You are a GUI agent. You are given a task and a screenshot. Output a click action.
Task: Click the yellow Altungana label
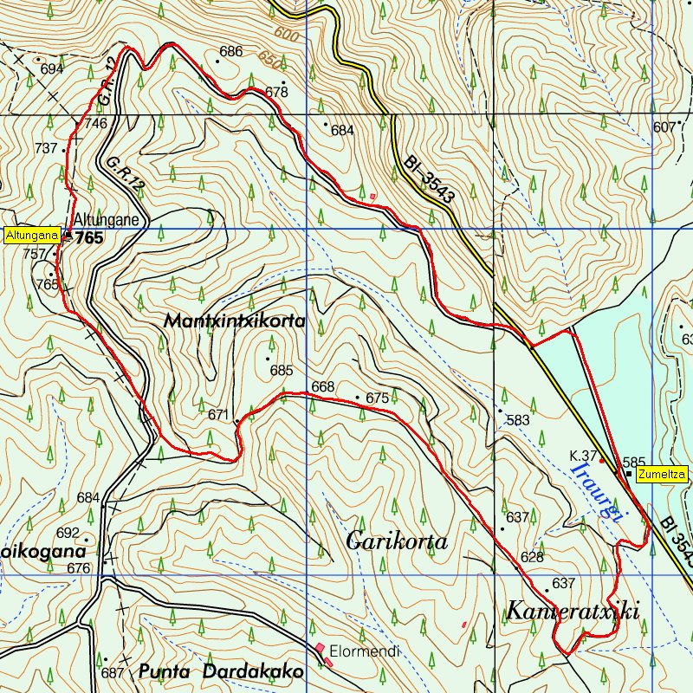coord(32,235)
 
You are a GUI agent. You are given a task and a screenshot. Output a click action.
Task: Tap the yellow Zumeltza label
coord(663,474)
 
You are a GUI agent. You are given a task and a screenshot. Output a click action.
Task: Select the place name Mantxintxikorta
coord(235,321)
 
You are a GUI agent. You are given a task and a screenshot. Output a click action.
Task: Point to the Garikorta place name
coord(397,542)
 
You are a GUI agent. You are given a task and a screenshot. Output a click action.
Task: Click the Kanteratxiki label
coord(573,612)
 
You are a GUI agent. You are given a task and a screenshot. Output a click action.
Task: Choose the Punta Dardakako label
coord(220,671)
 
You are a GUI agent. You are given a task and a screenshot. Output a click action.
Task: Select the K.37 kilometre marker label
coord(584,456)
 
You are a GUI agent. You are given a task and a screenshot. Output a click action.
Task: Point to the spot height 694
coord(52,69)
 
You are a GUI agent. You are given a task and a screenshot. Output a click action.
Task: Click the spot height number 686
coord(230,52)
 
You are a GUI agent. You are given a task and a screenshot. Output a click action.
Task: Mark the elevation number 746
coord(95,124)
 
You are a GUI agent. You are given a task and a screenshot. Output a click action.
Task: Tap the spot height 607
coord(664,127)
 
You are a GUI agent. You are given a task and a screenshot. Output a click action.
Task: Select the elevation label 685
coord(282,371)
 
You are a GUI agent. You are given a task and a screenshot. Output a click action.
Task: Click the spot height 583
coord(518,421)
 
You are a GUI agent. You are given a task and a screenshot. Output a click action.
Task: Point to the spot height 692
coord(68,533)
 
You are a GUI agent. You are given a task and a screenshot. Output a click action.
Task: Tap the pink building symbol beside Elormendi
coord(321,649)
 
